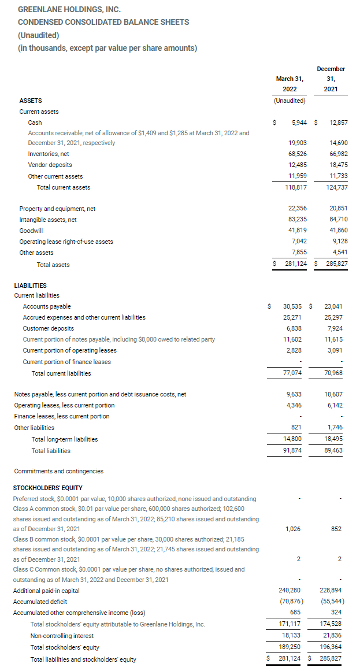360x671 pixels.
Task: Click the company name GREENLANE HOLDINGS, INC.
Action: point(69,10)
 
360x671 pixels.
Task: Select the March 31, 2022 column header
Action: point(290,84)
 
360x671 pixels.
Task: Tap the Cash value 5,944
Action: point(299,123)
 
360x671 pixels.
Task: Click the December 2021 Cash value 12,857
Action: point(338,123)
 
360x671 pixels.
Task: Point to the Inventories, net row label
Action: point(49,154)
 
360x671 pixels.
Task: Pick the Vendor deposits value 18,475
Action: point(338,165)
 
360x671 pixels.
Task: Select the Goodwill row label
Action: point(31,230)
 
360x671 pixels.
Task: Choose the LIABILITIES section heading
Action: point(30,286)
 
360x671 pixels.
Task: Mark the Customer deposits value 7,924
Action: point(335,328)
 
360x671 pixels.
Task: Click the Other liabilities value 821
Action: point(295,428)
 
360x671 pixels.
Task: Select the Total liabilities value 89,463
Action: point(333,450)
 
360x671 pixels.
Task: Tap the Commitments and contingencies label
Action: point(58,471)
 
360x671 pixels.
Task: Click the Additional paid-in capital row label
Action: point(46,591)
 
